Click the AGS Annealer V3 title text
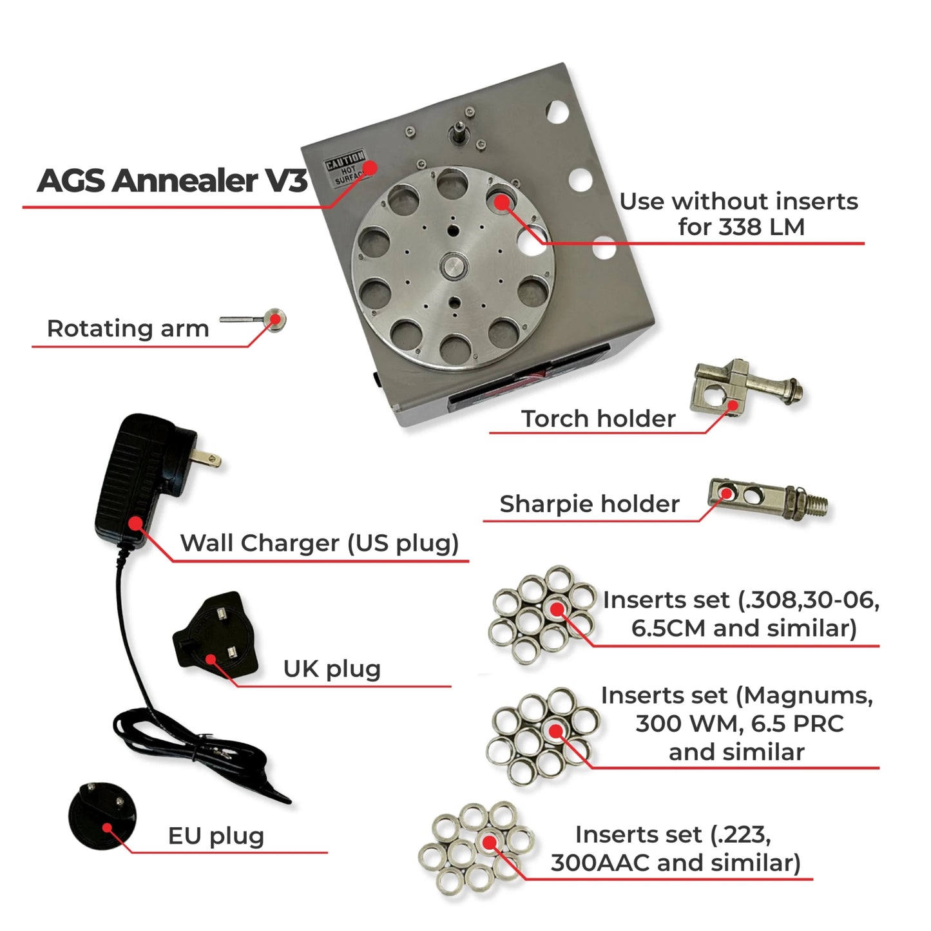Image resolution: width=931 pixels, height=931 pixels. point(172,180)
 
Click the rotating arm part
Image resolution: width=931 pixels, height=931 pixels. point(258,320)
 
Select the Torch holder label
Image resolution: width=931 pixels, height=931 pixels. point(598,419)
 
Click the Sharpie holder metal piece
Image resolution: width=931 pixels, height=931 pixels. point(760,499)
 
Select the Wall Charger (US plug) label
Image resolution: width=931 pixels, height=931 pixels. point(319,543)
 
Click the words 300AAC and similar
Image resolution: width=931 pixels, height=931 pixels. point(675,863)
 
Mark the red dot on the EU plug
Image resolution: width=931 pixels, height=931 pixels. point(108,829)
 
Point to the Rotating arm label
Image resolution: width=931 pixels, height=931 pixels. point(128,329)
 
